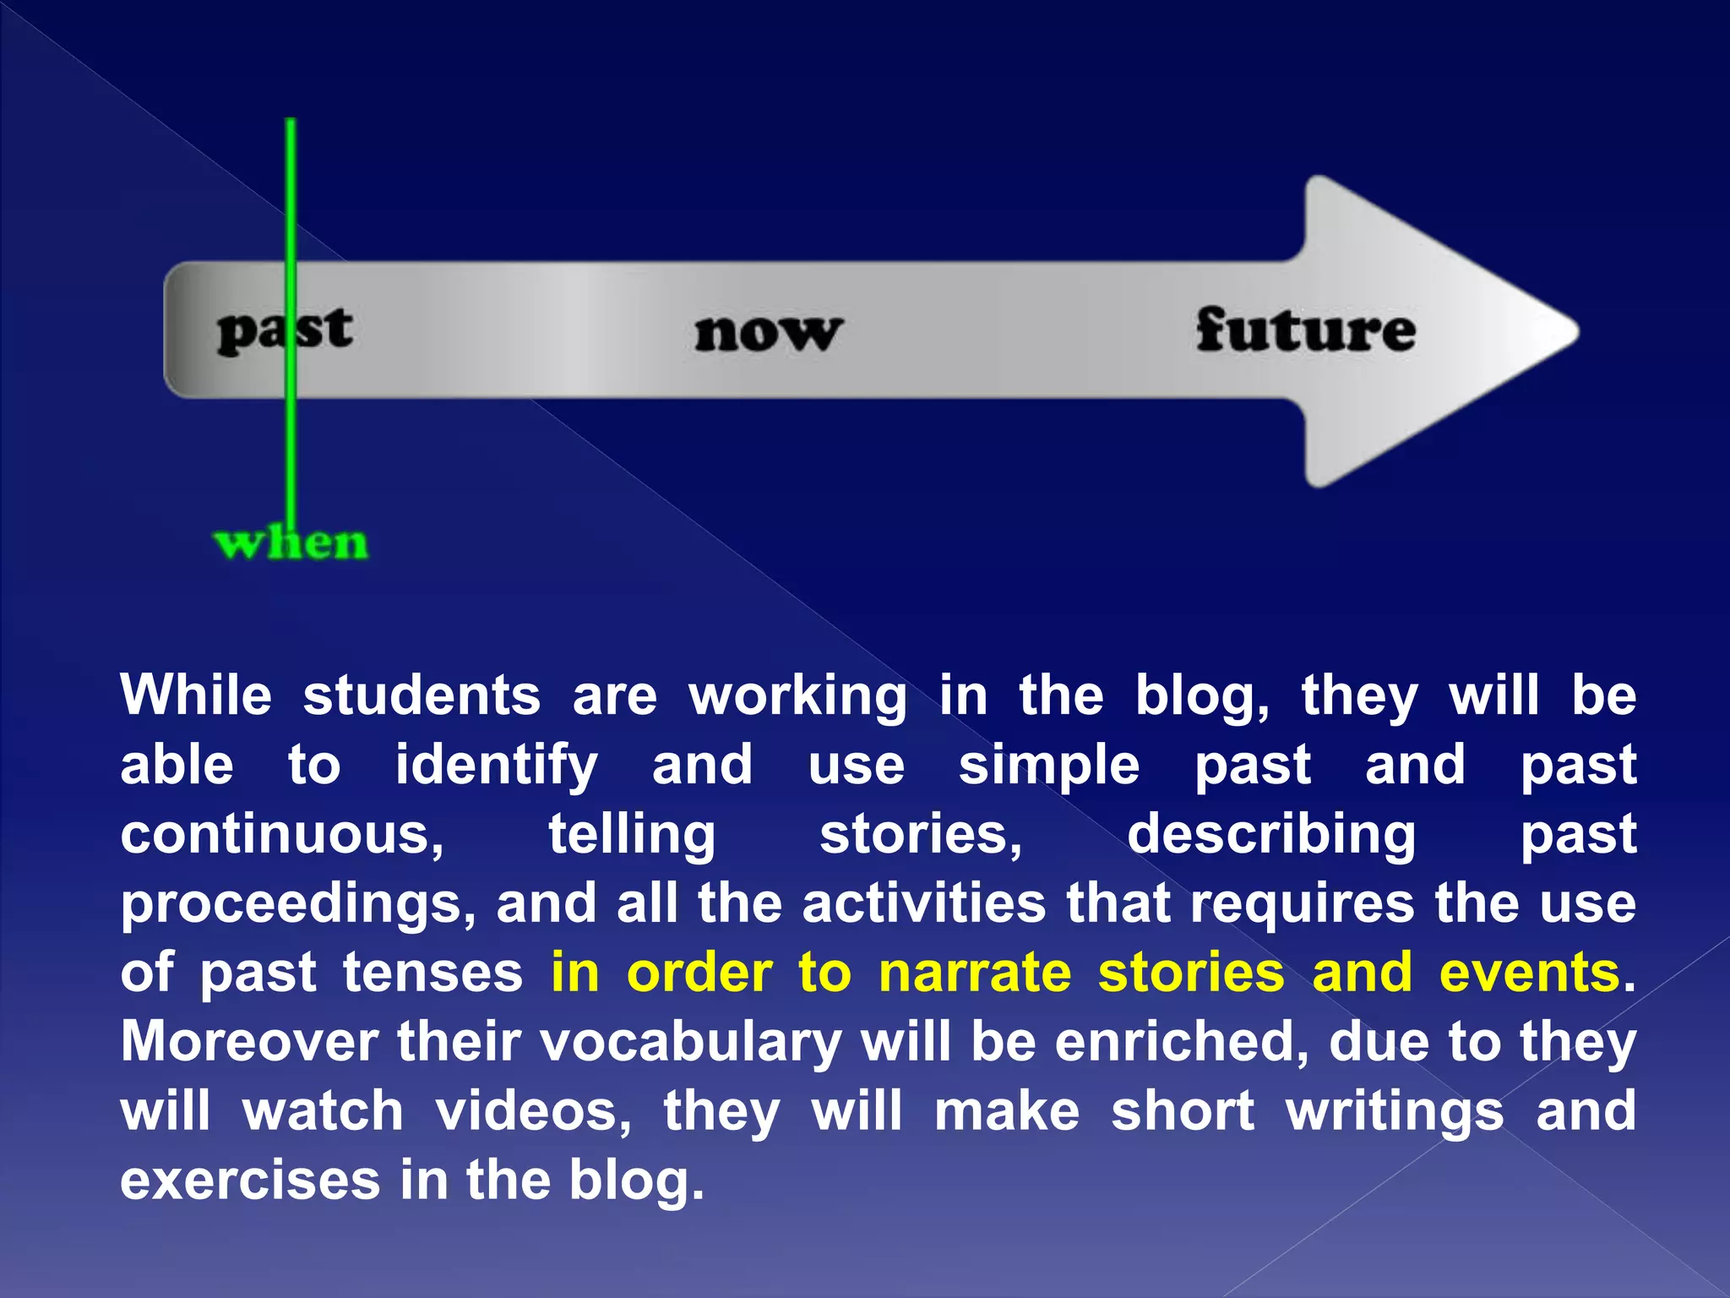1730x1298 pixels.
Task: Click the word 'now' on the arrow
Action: [x=768, y=332]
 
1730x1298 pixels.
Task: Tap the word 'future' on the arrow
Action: [x=1305, y=330]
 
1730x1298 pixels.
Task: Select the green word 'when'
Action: [x=291, y=543]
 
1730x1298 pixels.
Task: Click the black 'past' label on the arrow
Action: [x=284, y=330]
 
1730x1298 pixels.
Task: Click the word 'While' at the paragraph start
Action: [x=196, y=696]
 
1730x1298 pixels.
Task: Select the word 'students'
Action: [x=422, y=696]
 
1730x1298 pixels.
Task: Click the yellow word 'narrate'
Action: [x=975, y=973]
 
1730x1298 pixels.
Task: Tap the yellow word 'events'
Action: [x=1529, y=973]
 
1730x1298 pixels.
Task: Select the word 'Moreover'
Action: [x=249, y=1042]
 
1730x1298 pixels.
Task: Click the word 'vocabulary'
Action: [x=690, y=1044]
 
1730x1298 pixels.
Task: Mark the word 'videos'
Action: [x=533, y=1111]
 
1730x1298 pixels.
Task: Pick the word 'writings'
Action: [x=1395, y=1113]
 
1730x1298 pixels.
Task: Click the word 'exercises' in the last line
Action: [x=250, y=1181]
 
